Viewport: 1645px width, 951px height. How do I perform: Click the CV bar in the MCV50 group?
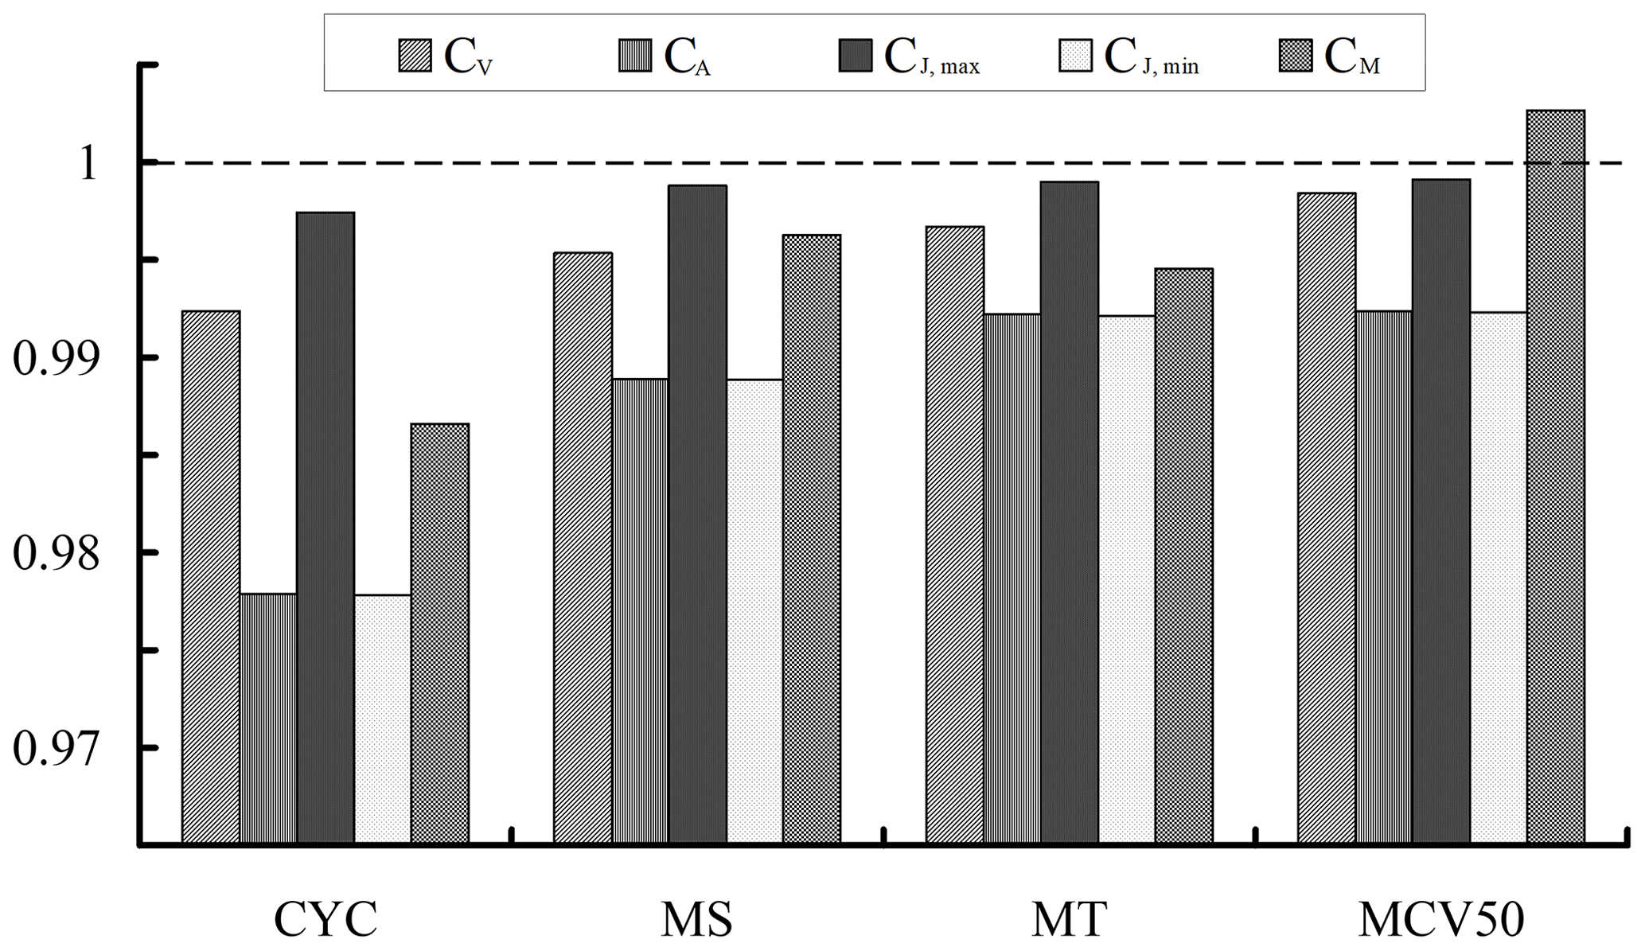coord(1326,517)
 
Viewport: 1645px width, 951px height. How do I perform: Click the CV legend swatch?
coord(415,56)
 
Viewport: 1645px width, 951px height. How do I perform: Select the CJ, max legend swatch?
coord(856,56)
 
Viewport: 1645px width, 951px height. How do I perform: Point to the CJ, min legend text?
coord(1151,58)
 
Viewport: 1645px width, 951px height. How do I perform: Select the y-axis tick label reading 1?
coord(89,164)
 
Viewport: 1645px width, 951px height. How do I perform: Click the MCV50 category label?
coord(1440,920)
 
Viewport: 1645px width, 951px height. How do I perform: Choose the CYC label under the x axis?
coord(325,920)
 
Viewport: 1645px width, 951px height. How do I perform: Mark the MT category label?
coord(1069,920)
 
